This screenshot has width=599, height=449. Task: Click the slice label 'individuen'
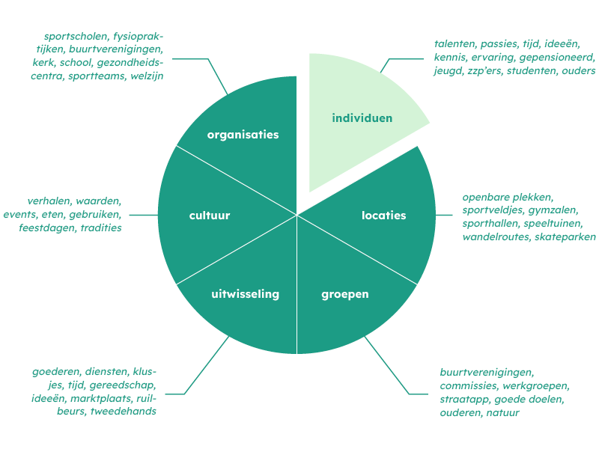point(362,118)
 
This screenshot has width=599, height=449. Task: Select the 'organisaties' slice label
point(243,135)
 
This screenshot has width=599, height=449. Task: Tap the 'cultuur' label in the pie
point(210,216)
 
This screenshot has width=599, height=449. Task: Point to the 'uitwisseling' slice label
point(246,294)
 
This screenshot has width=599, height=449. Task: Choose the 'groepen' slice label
point(345,295)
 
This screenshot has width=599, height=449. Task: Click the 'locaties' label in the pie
point(383,216)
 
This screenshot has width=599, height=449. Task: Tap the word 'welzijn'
point(147,76)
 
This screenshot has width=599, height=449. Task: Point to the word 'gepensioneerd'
point(557,58)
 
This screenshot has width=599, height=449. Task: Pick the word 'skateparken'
point(565,236)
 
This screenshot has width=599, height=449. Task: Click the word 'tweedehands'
point(124,411)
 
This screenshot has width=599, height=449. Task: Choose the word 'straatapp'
point(464,400)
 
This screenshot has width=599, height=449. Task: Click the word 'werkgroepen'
point(536,386)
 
